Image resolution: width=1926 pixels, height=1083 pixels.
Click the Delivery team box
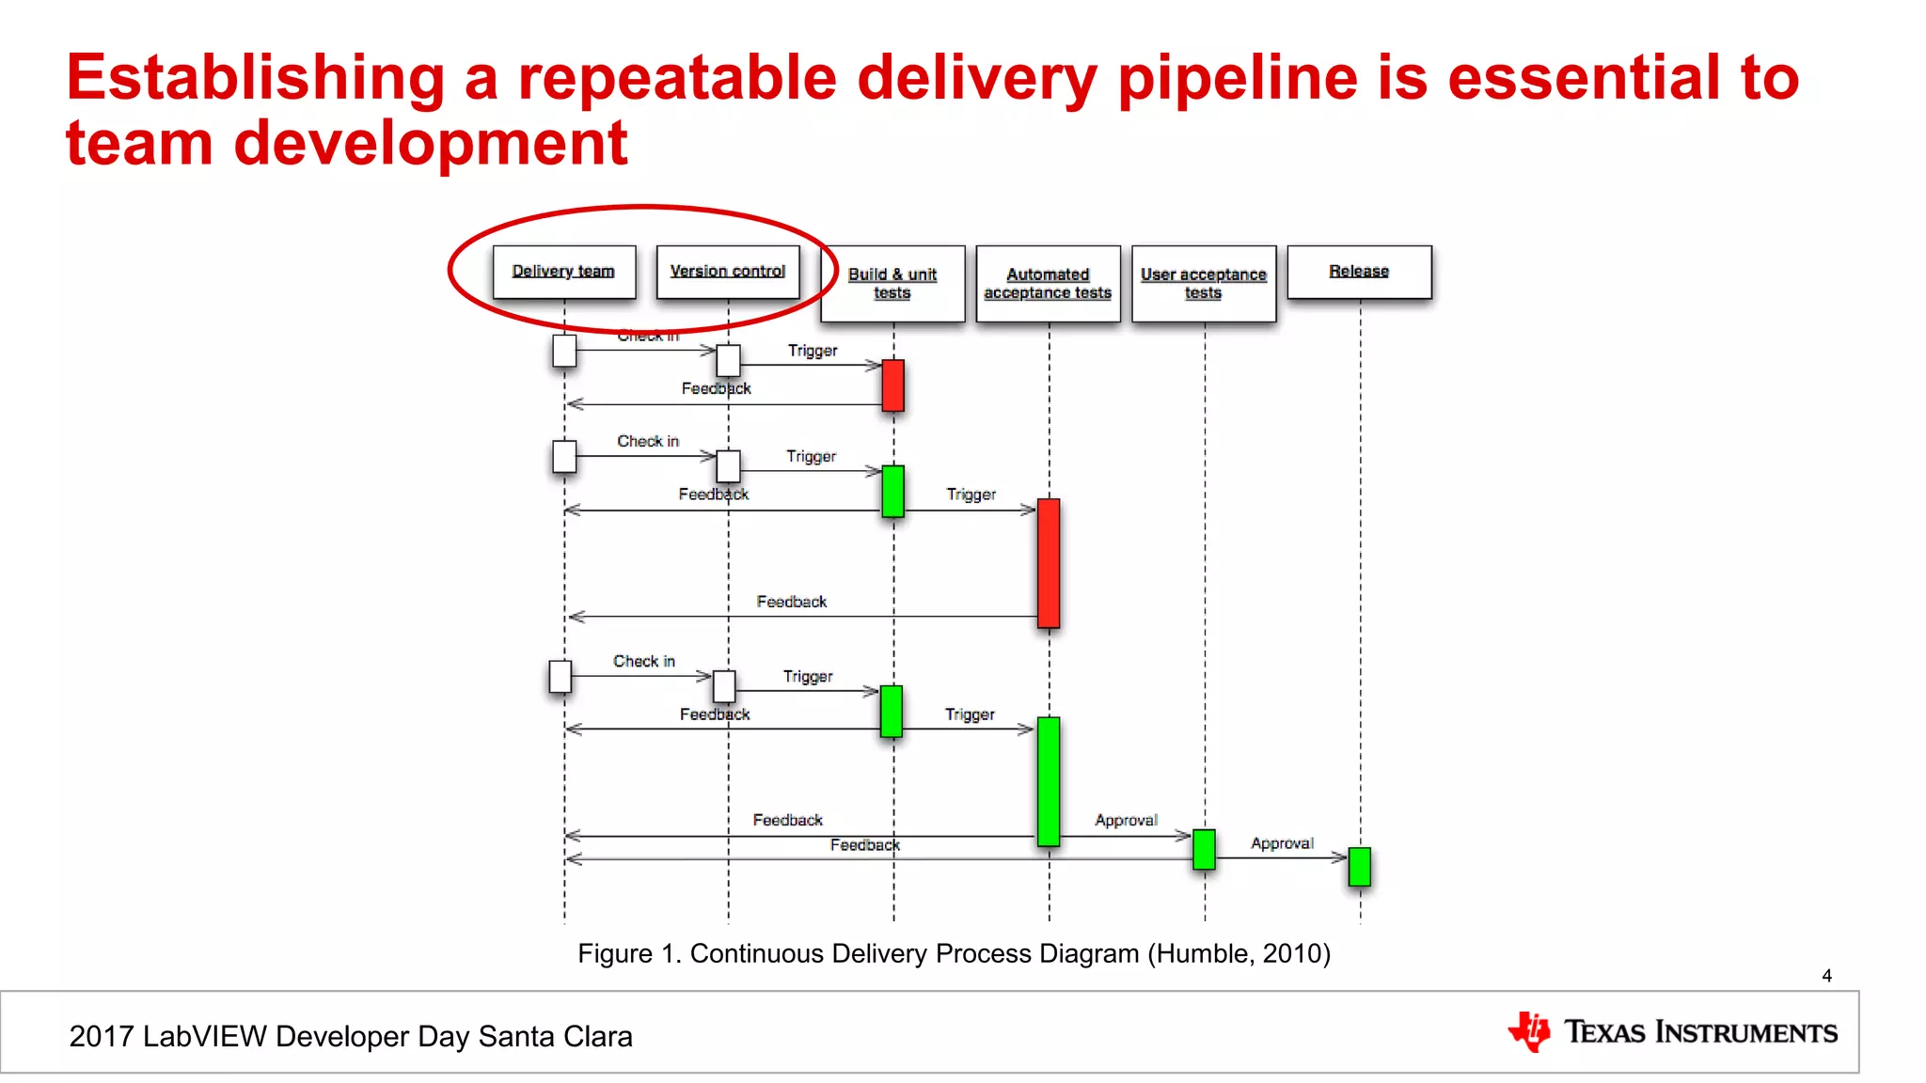pos(563,272)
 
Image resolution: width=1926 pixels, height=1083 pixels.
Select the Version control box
pos(727,272)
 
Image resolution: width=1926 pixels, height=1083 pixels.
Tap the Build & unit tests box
pos(892,283)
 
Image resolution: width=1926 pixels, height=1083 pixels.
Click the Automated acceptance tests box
pos(1048,283)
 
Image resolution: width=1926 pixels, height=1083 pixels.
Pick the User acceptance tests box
pos(1203,283)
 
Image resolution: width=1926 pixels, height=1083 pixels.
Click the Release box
pos(1358,272)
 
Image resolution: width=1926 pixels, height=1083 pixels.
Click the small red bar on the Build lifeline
pos(892,385)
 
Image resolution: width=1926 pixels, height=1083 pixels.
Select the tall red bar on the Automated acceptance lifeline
pos(1048,562)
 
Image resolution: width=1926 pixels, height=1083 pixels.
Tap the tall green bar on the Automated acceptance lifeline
pos(1048,781)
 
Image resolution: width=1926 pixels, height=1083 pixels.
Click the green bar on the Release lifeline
pos(1359,867)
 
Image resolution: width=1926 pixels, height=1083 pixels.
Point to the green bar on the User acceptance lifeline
pos(1203,849)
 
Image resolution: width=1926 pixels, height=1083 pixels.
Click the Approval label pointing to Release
pos(1281,843)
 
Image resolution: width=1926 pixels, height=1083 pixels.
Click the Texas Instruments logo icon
pos(1530,1031)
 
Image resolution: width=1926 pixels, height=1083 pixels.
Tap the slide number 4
pos(1826,976)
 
